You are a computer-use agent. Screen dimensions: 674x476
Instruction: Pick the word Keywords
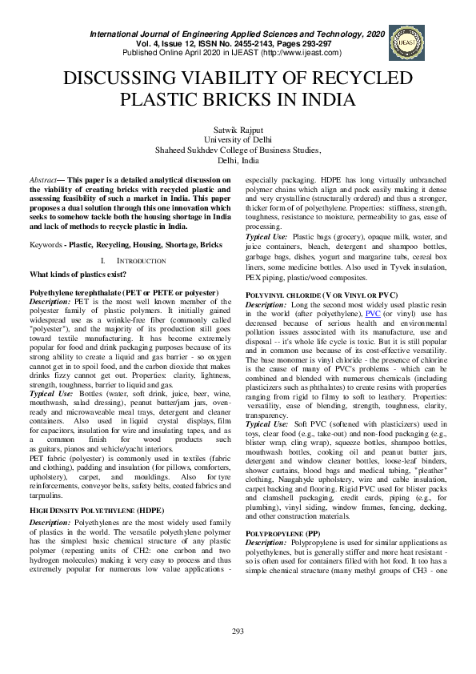click(x=46, y=243)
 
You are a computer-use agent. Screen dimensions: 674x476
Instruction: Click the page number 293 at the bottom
click(x=238, y=632)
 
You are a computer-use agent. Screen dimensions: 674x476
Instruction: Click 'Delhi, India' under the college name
click(x=238, y=159)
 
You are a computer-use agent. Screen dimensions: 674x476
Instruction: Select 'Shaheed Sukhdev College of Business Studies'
click(x=238, y=149)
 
